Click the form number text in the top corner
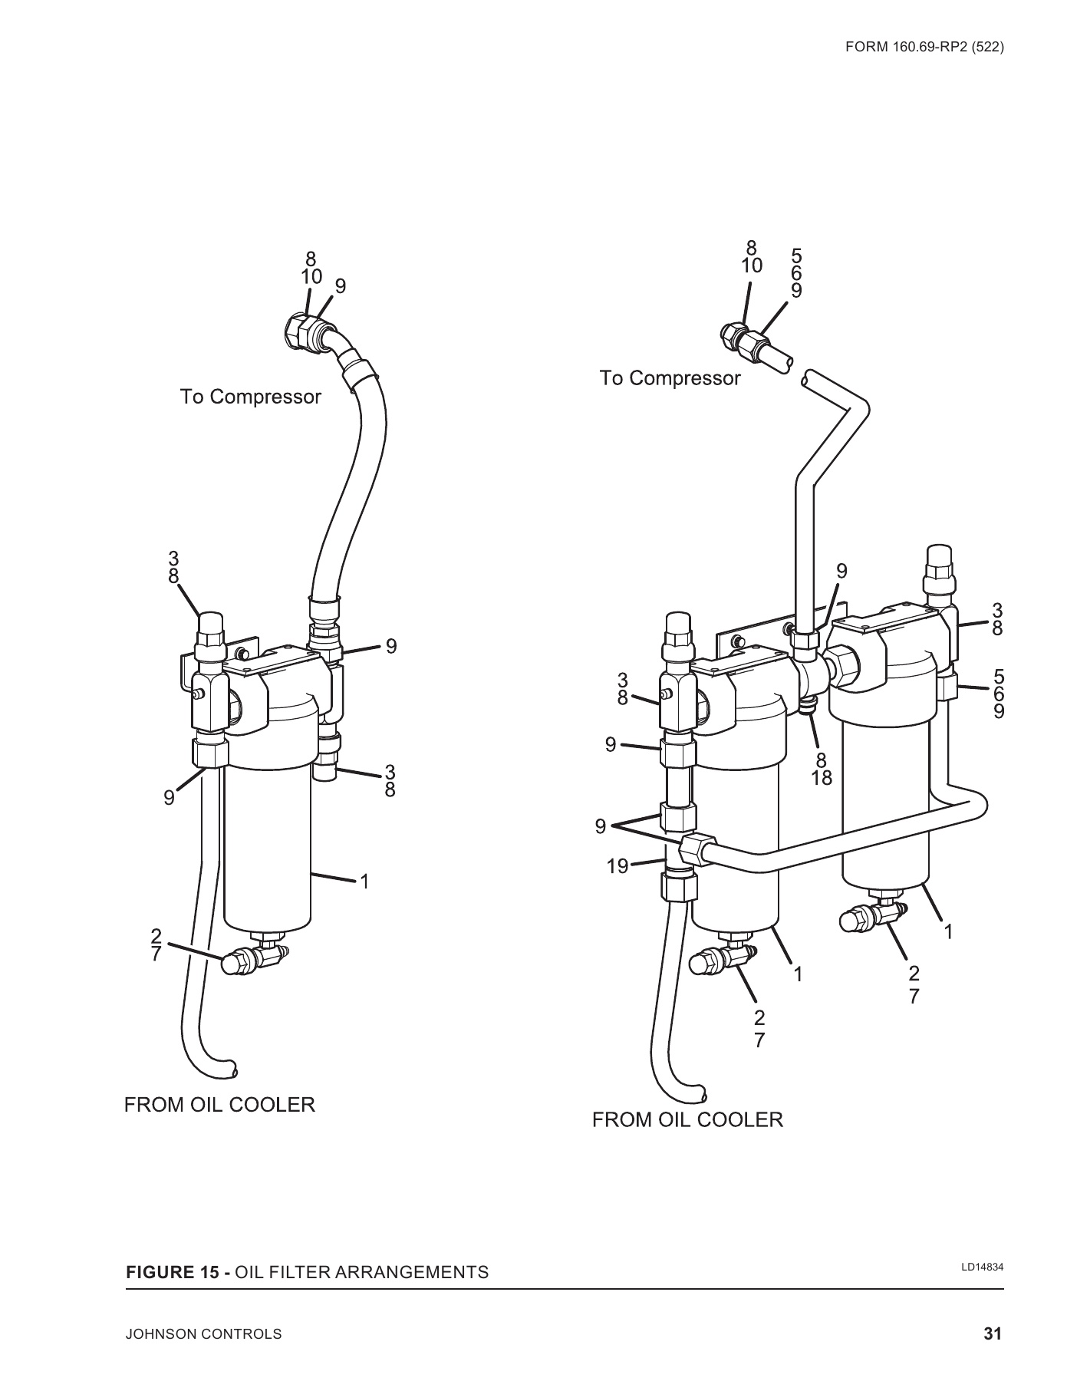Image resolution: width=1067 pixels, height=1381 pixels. point(924,46)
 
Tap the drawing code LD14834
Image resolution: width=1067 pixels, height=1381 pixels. point(983,1267)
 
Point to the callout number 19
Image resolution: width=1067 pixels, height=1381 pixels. point(617,867)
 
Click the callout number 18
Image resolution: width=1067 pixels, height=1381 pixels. point(821,778)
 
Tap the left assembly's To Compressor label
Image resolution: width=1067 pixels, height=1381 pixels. point(250,397)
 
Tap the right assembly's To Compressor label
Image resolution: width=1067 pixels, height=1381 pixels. point(670,378)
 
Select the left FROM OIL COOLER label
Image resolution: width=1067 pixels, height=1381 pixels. point(219,1105)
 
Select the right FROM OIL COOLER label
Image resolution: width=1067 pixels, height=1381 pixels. point(687,1119)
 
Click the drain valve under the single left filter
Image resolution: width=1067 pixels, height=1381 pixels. point(249,960)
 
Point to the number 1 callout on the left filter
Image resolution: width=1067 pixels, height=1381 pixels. point(365,882)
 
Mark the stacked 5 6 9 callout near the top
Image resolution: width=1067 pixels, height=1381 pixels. point(796,272)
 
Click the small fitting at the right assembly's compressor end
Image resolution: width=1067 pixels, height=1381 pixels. point(735,334)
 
